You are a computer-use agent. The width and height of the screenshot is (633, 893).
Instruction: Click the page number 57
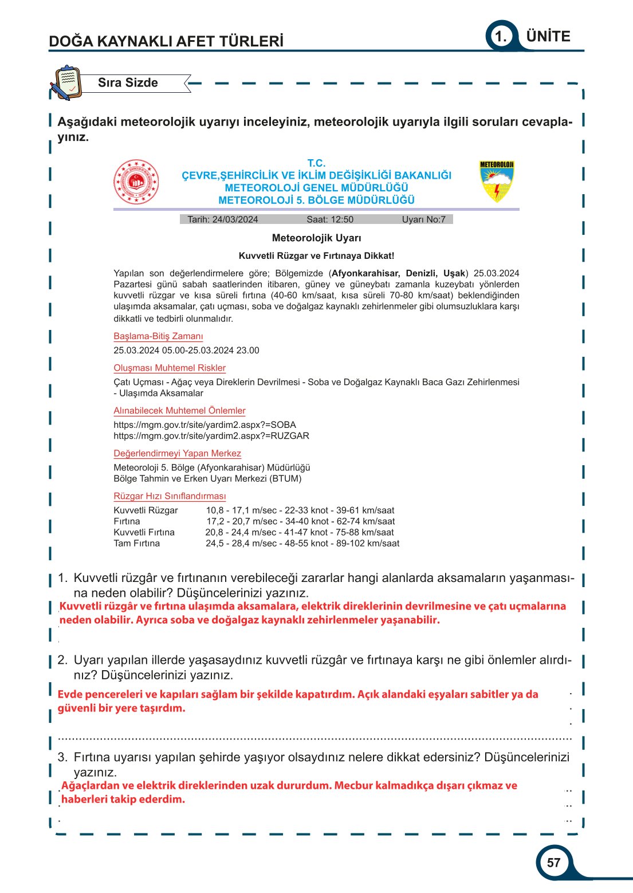[x=553, y=863]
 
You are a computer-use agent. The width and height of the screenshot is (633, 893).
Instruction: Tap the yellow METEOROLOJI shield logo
[x=497, y=181]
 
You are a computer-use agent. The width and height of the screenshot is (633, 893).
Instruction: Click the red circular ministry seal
[x=136, y=182]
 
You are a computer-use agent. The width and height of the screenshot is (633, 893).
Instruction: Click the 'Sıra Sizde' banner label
[x=128, y=82]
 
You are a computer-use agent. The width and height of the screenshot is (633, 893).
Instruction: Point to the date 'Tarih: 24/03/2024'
[x=222, y=219]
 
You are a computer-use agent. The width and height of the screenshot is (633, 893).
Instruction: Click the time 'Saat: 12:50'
[x=330, y=219]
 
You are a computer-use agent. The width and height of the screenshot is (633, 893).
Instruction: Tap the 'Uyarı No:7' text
[x=423, y=219]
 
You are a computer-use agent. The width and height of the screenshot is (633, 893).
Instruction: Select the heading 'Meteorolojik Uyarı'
[x=316, y=238]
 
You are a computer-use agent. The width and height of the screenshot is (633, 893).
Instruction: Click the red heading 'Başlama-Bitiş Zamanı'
[x=158, y=336]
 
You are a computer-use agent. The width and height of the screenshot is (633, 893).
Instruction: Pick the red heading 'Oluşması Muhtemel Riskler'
[x=170, y=368]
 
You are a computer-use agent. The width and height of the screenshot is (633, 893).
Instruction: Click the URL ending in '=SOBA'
[x=205, y=425]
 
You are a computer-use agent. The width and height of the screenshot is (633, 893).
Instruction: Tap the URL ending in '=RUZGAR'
[x=211, y=436]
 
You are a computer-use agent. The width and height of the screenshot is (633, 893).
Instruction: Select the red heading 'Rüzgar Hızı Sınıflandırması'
[x=170, y=496]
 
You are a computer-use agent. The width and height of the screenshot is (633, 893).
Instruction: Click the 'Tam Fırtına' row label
[x=136, y=543]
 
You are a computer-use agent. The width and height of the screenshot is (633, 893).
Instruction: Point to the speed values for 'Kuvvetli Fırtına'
[x=300, y=532]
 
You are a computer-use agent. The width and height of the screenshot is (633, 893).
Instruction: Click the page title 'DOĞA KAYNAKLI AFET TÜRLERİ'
[x=166, y=41]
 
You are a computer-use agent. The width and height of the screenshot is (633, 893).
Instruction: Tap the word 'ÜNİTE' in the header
[x=548, y=36]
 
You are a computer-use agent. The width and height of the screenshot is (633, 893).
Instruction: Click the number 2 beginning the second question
[x=62, y=660]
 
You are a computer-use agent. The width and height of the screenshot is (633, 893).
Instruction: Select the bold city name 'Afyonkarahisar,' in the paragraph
[x=365, y=273]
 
